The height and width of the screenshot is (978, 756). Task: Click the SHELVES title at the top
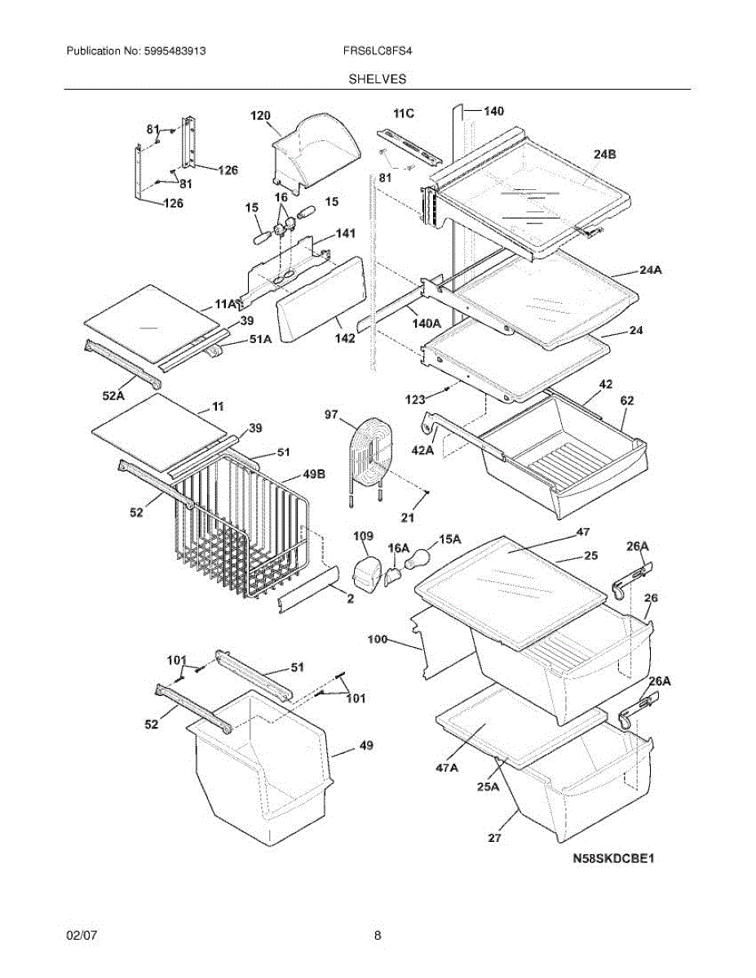(x=378, y=79)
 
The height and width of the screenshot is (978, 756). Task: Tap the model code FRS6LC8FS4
(x=378, y=51)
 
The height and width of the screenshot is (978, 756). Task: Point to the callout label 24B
(x=604, y=153)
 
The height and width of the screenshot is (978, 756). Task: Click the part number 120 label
(x=260, y=116)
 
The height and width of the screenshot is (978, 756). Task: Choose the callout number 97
(x=330, y=415)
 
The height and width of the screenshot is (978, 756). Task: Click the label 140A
(x=425, y=323)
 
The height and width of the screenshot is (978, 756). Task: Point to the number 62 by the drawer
(x=626, y=400)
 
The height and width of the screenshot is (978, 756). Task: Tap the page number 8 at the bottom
(x=378, y=936)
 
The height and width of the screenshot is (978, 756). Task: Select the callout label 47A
(x=446, y=766)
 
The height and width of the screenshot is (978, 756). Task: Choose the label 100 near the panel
(x=378, y=640)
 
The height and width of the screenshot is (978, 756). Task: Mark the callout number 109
(x=363, y=536)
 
